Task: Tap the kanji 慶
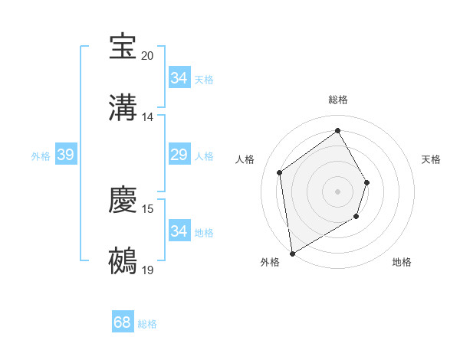coord(123,200)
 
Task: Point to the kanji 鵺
coord(123,260)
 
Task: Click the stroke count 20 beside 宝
coord(148,56)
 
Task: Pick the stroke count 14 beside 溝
coord(148,117)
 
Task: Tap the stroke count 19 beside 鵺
coord(148,270)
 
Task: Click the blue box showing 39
coord(65,155)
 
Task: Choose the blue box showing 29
coord(179,155)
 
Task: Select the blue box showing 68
coord(123,323)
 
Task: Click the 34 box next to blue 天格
coord(179,78)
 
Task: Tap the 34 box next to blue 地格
coord(179,231)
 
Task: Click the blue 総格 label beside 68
coord(147,324)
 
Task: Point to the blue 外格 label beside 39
coord(41,156)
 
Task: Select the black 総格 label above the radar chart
coord(337,100)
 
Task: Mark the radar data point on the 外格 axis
coord(292,253)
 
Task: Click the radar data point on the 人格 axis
coord(280,172)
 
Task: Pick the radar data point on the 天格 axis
coord(367,182)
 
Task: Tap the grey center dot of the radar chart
coord(337,191)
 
